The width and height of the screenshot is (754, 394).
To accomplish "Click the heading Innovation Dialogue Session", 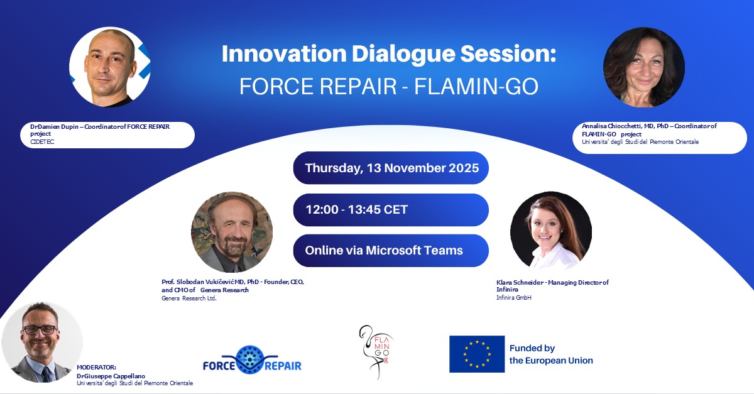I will pos(389,54).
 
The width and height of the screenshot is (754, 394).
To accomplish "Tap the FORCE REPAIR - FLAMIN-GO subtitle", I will pos(389,86).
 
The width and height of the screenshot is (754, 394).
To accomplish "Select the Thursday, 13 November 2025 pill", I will pos(391,168).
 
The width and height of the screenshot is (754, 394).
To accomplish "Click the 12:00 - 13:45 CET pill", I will pos(391,209).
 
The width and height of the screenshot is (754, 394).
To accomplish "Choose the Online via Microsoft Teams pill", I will pos(391,250).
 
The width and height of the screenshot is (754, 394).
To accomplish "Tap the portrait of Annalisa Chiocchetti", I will pos(643,67).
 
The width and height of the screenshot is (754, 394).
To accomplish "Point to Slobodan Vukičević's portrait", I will pos(231,232).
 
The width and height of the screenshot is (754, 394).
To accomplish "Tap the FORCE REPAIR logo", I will pos(252,359).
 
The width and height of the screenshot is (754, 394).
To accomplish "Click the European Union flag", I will pos(476,354).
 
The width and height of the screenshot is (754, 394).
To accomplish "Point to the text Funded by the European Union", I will pos(550,354).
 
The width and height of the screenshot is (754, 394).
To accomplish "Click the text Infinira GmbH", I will pos(513,297).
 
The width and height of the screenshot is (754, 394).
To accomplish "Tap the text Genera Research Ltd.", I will pos(188,298).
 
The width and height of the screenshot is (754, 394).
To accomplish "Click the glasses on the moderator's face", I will pos(40,329).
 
